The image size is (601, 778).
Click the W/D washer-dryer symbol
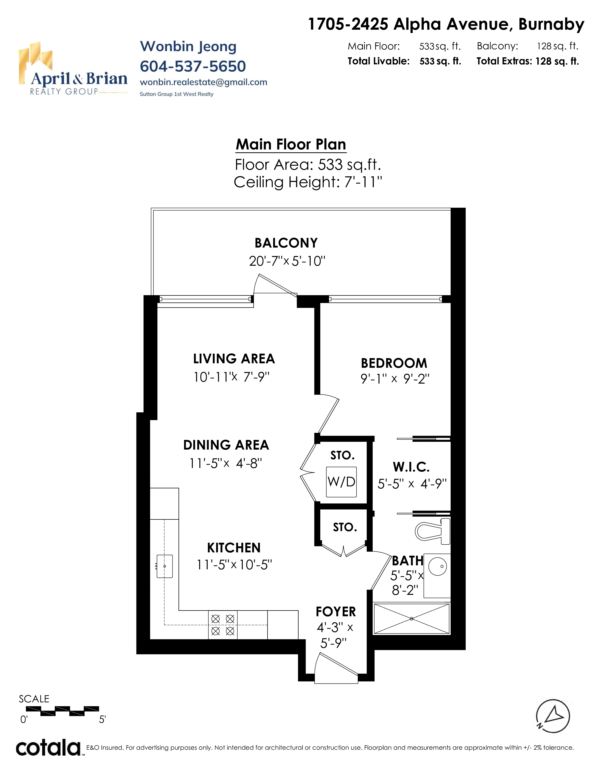click(x=341, y=482)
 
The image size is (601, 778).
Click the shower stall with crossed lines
click(x=412, y=619)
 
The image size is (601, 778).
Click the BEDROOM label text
click(x=394, y=363)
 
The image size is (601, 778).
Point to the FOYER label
click(x=336, y=612)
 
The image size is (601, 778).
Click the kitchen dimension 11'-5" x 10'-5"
click(x=234, y=565)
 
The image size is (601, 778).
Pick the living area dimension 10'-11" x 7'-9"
click(x=231, y=377)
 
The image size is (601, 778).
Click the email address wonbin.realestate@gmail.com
click(x=203, y=82)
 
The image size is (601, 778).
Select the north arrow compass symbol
click(x=553, y=716)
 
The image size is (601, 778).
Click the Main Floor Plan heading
click(x=291, y=145)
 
